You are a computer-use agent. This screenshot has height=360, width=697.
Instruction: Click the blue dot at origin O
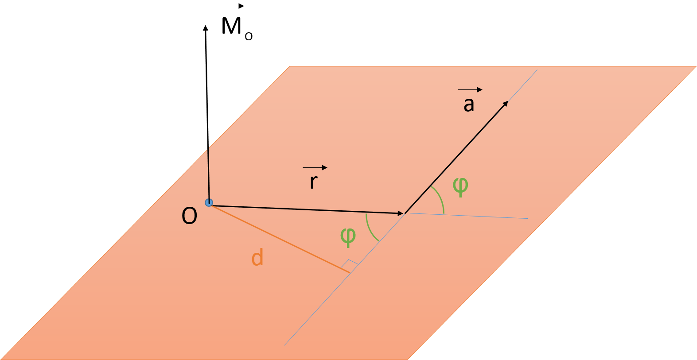(209, 203)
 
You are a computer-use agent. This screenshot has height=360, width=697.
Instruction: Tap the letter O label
(189, 217)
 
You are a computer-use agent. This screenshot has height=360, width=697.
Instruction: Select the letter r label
(314, 182)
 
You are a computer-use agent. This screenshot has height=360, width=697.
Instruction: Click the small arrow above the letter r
(315, 167)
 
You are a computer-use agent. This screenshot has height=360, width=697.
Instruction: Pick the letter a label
(469, 105)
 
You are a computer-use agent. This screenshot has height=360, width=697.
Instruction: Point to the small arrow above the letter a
(470, 90)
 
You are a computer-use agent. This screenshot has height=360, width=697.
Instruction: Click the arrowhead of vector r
(400, 213)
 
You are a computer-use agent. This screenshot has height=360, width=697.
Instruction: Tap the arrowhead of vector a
(505, 104)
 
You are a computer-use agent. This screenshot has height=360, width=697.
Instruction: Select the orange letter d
(257, 257)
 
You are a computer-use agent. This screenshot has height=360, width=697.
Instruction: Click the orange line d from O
(279, 239)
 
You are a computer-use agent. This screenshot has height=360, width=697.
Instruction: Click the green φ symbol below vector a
(460, 186)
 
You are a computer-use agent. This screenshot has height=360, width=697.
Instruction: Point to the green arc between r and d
(370, 228)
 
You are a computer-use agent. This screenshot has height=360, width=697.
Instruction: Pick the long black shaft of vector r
(306, 209)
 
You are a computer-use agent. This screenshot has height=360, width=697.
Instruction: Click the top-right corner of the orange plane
(695, 67)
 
